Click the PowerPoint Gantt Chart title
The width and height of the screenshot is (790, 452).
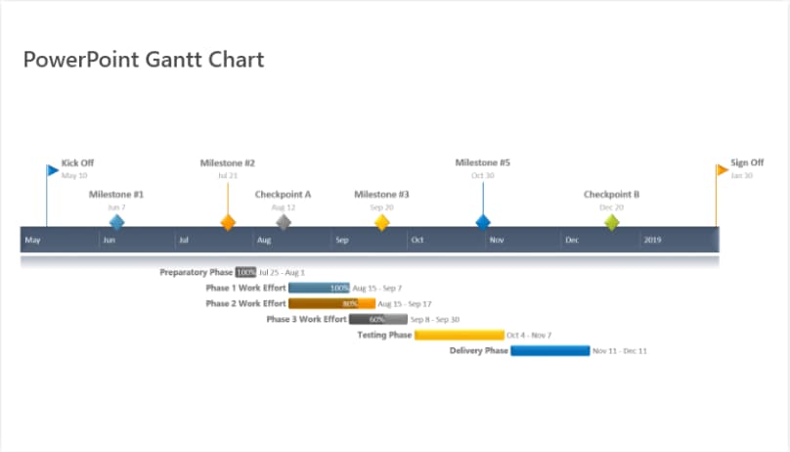(x=144, y=60)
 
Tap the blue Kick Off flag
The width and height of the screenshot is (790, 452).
(x=53, y=170)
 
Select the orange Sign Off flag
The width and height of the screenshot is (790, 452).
(x=722, y=170)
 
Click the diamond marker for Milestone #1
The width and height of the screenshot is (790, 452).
(x=117, y=222)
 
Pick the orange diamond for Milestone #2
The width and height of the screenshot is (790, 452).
(x=228, y=222)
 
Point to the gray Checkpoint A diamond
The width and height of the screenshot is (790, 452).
(x=284, y=222)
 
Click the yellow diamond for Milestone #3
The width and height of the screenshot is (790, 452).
(x=382, y=222)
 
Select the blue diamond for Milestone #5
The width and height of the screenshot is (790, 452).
(x=483, y=222)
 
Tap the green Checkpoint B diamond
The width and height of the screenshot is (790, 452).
(x=612, y=222)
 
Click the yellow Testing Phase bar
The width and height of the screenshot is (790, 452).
(x=459, y=336)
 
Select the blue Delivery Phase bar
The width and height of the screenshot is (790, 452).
(x=550, y=350)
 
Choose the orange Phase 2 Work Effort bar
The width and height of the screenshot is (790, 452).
(x=331, y=304)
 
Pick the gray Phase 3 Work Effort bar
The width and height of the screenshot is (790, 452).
(x=378, y=319)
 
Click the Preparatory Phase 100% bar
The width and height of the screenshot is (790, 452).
(x=245, y=273)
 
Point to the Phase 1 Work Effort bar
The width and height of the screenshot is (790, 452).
(x=320, y=289)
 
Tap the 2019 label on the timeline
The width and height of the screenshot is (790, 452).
(x=652, y=240)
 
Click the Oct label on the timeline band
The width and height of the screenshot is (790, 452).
(x=417, y=240)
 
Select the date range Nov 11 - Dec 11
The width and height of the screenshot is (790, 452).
(x=620, y=350)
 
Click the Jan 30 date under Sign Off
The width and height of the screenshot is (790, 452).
(x=742, y=176)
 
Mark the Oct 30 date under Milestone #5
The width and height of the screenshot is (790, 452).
(x=483, y=176)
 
